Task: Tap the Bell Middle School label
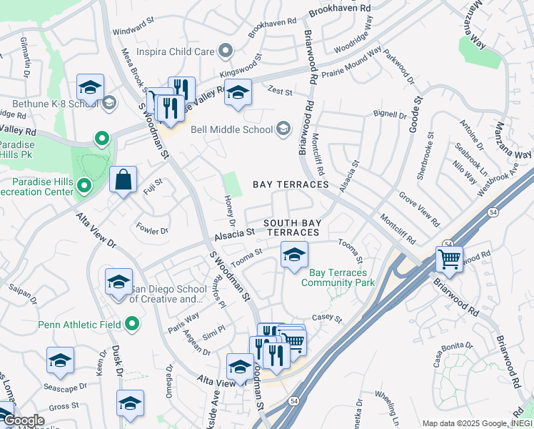click(232, 129)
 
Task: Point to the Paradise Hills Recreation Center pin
click(84, 187)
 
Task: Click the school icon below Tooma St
click(293, 255)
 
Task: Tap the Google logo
click(24, 420)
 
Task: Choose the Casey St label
click(328, 318)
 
